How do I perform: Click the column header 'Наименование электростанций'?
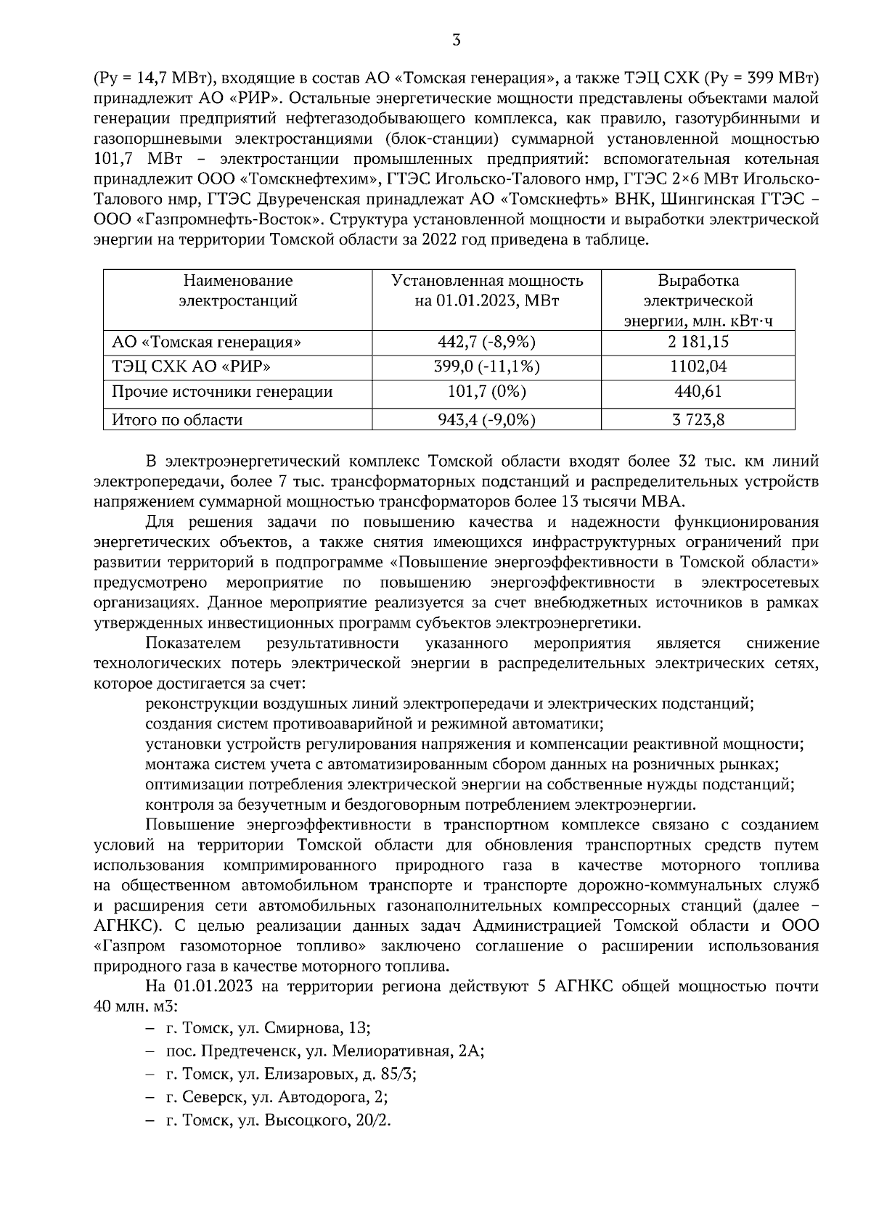point(238,290)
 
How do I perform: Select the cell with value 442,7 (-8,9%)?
point(487,342)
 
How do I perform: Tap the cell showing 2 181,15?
point(698,342)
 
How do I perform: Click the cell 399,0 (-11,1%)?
point(487,367)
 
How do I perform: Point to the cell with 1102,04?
point(698,367)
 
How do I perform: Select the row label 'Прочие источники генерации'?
point(222,393)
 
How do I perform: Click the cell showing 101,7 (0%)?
point(487,393)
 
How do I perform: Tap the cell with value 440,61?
point(698,393)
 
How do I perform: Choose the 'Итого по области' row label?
point(177,419)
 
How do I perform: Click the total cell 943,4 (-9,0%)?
point(487,419)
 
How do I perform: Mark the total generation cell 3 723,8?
point(698,419)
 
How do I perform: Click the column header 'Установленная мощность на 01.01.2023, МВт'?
point(487,290)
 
